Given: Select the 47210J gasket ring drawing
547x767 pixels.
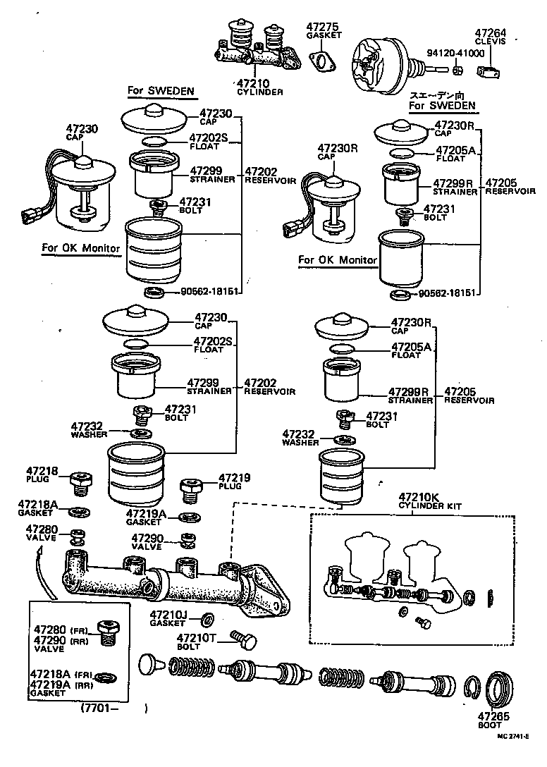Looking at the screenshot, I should pos(209,619).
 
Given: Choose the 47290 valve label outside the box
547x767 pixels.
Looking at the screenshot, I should pos(147,538).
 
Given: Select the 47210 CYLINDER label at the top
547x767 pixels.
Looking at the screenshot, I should pos(259,87).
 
